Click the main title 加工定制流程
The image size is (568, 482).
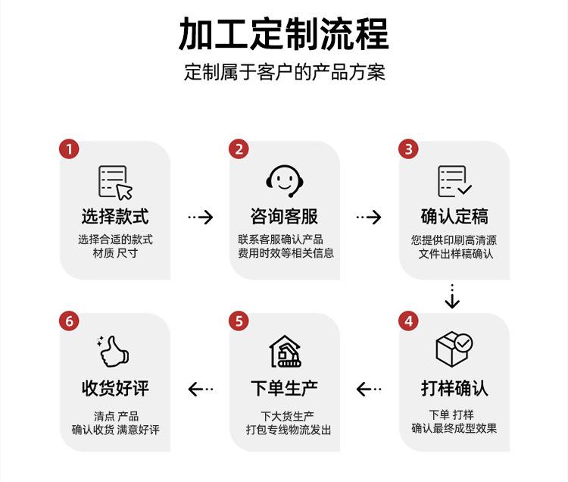[x=284, y=33]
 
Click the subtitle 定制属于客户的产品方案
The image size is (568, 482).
[x=284, y=73]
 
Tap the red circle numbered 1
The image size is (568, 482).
[x=69, y=149]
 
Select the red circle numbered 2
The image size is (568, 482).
[x=239, y=149]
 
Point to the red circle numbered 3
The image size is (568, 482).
[x=409, y=149]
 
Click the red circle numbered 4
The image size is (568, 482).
[x=409, y=321]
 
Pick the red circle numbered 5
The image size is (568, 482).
[x=239, y=321]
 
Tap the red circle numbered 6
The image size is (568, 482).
[x=69, y=321]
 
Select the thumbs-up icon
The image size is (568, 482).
[x=114, y=351]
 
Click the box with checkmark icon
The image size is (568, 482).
[x=454, y=349]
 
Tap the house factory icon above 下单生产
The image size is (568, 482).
[x=285, y=351]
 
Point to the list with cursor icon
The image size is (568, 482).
[x=115, y=182]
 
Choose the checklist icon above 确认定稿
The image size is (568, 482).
[x=454, y=182]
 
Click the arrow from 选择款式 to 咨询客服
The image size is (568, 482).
[x=200, y=218]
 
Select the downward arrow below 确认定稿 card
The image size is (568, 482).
[x=452, y=297]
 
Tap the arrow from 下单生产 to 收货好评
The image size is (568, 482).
[x=200, y=389]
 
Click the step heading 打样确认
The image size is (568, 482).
[x=454, y=389]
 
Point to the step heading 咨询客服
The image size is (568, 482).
[x=285, y=217]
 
